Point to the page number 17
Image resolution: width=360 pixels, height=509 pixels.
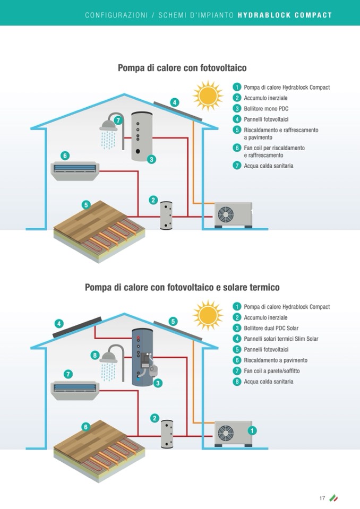[x=322, y=498]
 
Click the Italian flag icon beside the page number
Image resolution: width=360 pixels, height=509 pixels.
[x=333, y=498]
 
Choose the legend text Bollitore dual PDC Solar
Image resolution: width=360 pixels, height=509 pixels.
[x=271, y=328]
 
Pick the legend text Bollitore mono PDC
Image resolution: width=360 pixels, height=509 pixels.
[x=266, y=108]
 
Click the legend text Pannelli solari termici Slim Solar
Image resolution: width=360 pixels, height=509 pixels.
[x=281, y=339]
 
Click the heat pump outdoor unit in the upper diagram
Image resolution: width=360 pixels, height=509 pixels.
[x=233, y=214]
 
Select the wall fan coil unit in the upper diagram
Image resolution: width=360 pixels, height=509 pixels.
[x=75, y=170]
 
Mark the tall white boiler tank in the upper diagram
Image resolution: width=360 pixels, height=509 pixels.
[x=140, y=135]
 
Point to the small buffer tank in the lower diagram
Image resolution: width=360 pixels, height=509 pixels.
[x=168, y=434]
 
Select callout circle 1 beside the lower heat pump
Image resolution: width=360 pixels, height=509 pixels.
[x=252, y=430]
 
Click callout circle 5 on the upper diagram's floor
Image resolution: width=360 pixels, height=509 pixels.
[x=86, y=205]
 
